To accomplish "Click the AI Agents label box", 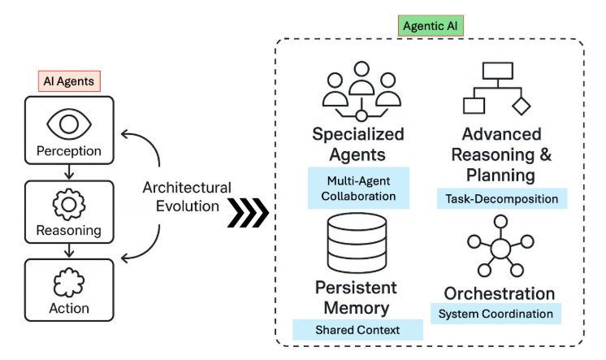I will (x=69, y=81).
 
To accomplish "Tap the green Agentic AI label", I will (x=431, y=25).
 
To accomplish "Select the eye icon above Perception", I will (x=69, y=123).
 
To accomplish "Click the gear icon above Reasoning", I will (x=69, y=202).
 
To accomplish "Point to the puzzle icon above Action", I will (x=69, y=281).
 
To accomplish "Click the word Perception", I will (x=69, y=151).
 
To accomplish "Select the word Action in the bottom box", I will (x=69, y=309).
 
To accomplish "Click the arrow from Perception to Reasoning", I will (x=69, y=172).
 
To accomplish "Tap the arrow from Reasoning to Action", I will (x=69, y=251).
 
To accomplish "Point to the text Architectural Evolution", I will (x=186, y=197).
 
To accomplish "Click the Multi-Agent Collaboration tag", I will (x=358, y=189).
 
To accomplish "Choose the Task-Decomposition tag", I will (x=501, y=197).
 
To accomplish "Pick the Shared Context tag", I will (x=357, y=329).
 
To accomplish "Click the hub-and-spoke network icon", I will (x=500, y=249).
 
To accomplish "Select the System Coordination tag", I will (x=496, y=314).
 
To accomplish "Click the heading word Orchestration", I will (x=500, y=293).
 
